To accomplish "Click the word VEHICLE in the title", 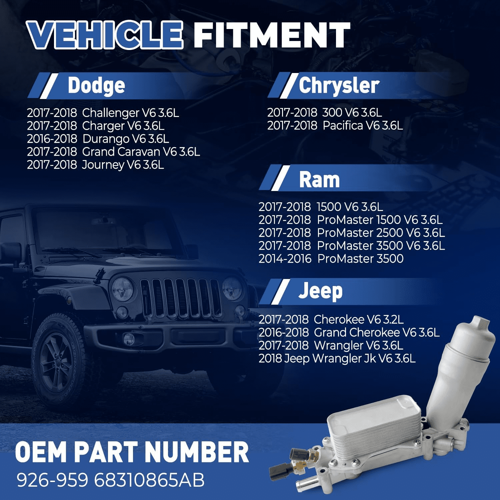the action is point(105,35).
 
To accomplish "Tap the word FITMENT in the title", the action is point(272,35).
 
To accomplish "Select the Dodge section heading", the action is point(96,86).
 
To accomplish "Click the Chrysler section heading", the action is point(339,86).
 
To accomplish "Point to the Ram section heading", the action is point(319,180).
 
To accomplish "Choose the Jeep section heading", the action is point(320,291).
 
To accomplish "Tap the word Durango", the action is point(106,139).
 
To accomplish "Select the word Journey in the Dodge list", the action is point(103,165).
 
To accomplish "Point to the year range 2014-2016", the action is point(285,259).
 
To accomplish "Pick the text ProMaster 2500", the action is point(360,233).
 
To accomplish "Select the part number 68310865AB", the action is point(149,480).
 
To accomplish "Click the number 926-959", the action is point(52,480).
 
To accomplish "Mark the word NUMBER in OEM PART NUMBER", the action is point(197,452).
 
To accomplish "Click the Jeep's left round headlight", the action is point(122,289).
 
